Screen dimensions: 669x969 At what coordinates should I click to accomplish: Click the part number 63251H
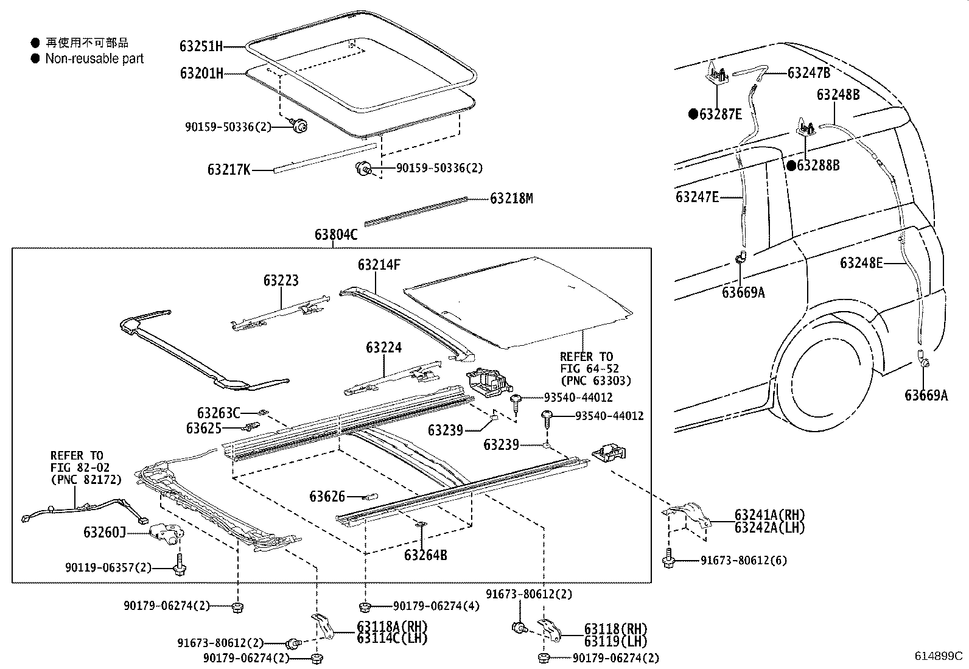(201, 46)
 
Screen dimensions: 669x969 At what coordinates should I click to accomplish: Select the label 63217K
(229, 170)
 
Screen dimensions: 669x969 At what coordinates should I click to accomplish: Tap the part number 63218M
(511, 198)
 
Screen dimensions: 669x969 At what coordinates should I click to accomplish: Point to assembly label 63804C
(336, 234)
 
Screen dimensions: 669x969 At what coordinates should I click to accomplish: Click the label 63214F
(379, 265)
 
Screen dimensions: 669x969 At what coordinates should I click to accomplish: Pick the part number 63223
(281, 281)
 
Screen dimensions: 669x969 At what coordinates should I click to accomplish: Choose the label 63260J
(105, 533)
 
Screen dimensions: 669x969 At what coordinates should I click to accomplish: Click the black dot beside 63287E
(693, 114)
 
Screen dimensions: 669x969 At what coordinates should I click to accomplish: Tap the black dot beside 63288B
(791, 165)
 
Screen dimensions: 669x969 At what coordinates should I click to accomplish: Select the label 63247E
(697, 197)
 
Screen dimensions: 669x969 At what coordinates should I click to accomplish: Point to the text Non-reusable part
(94, 59)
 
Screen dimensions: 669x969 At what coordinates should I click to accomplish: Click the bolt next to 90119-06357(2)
(180, 565)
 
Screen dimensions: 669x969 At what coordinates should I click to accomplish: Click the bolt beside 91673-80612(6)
(669, 559)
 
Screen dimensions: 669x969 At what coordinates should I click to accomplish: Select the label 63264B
(425, 555)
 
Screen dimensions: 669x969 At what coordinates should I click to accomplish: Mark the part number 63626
(327, 497)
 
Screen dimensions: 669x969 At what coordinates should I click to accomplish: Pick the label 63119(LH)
(615, 641)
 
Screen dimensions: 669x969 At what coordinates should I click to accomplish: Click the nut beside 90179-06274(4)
(365, 606)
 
